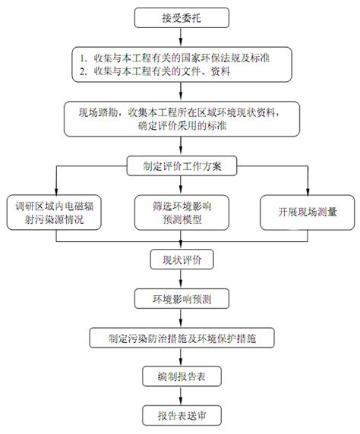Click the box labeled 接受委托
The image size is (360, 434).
point(182,17)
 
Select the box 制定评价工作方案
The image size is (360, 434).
point(182,166)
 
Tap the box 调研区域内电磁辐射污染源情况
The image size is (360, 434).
point(54,212)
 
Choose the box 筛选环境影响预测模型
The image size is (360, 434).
point(182,212)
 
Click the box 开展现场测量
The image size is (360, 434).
point(308,212)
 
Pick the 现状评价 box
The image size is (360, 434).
point(182,259)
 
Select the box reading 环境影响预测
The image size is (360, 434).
point(182,299)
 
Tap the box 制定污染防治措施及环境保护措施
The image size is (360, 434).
point(182,338)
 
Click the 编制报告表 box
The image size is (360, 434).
point(182,376)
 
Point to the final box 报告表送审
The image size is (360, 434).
point(182,416)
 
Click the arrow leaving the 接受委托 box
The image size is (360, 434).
point(181,37)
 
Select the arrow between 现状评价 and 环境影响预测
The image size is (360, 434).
point(181,279)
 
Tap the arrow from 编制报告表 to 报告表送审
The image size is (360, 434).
point(181,396)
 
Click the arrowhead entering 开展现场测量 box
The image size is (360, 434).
point(308,191)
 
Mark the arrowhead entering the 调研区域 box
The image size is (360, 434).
point(56,191)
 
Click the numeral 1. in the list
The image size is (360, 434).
point(84,58)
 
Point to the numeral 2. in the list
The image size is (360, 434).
point(84,71)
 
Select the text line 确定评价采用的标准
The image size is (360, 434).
point(182,126)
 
